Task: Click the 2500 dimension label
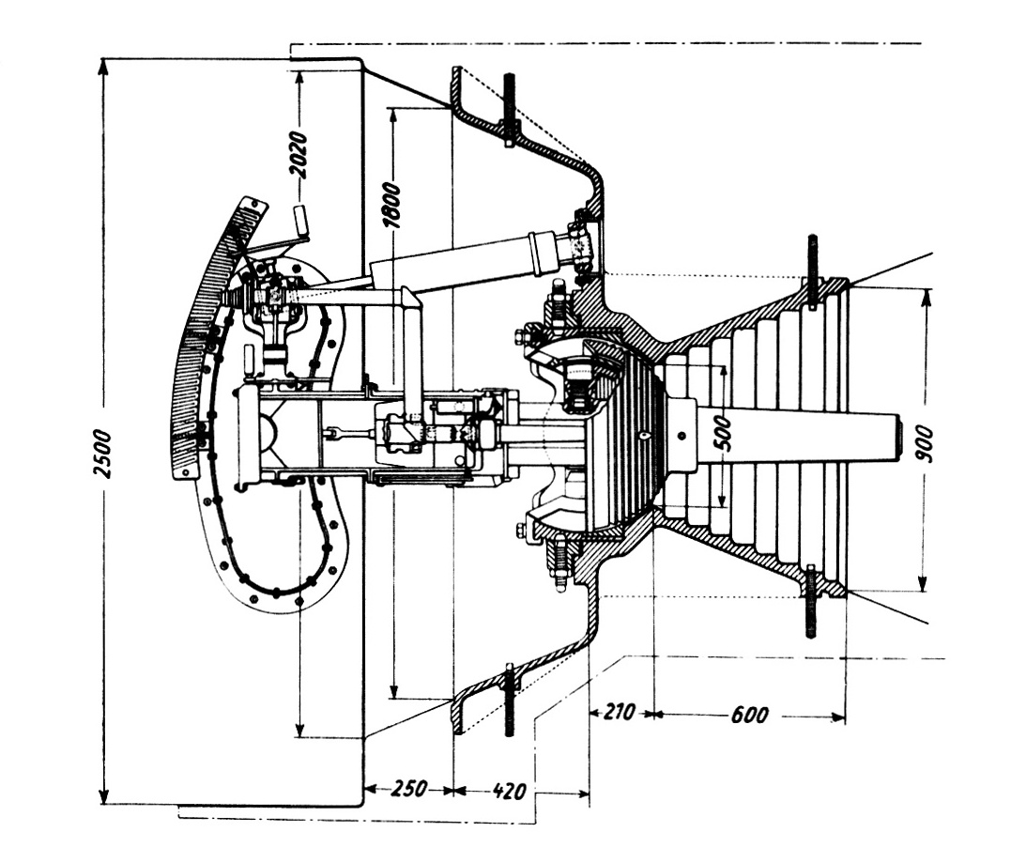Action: point(102,454)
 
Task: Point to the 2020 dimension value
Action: point(299,155)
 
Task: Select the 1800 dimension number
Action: point(392,205)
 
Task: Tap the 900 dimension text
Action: point(925,443)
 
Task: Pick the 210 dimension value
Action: point(619,711)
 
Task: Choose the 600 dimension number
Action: point(749,715)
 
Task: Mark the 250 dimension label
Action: point(408,789)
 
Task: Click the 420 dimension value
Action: point(509,791)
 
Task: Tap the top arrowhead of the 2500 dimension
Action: point(102,66)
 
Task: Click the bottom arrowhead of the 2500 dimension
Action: point(102,796)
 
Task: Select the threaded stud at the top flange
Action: point(509,109)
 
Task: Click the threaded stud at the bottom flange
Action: point(510,700)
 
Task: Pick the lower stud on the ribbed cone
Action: point(811,601)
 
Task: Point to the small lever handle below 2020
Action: point(300,223)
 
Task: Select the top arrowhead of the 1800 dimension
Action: point(392,116)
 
